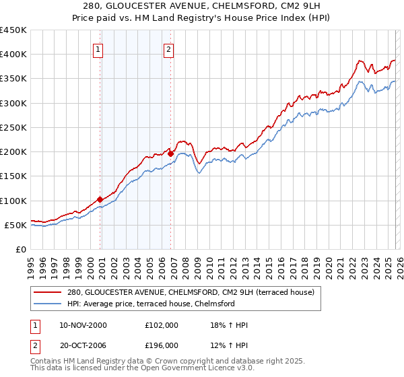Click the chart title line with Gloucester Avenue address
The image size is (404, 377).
(202, 6)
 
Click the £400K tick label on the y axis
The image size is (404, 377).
(13, 55)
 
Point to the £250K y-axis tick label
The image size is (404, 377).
(13, 127)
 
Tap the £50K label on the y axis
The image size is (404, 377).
(16, 225)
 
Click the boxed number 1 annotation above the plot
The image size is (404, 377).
(98, 48)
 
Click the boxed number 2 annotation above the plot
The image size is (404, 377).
(168, 48)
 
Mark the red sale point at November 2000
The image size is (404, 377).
(100, 199)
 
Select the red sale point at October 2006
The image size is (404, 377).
(170, 153)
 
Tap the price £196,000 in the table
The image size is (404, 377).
(161, 345)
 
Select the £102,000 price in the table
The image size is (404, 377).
(161, 325)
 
